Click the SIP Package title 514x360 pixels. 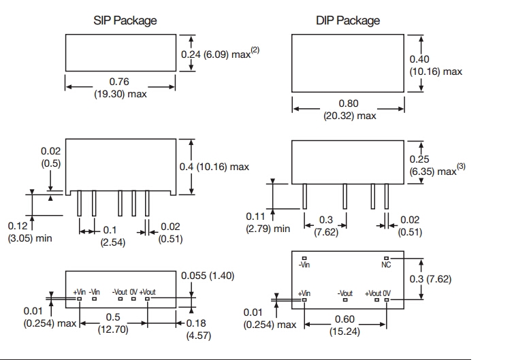[x=125, y=20]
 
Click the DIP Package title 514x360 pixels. [x=348, y=20]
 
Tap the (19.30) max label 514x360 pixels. [x=120, y=94]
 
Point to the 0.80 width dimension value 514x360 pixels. [x=349, y=104]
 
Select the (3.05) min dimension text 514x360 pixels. [x=30, y=238]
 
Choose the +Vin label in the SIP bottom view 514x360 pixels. [x=79, y=292]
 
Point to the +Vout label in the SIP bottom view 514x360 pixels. [x=147, y=292]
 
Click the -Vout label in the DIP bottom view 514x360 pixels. [x=345, y=293]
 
